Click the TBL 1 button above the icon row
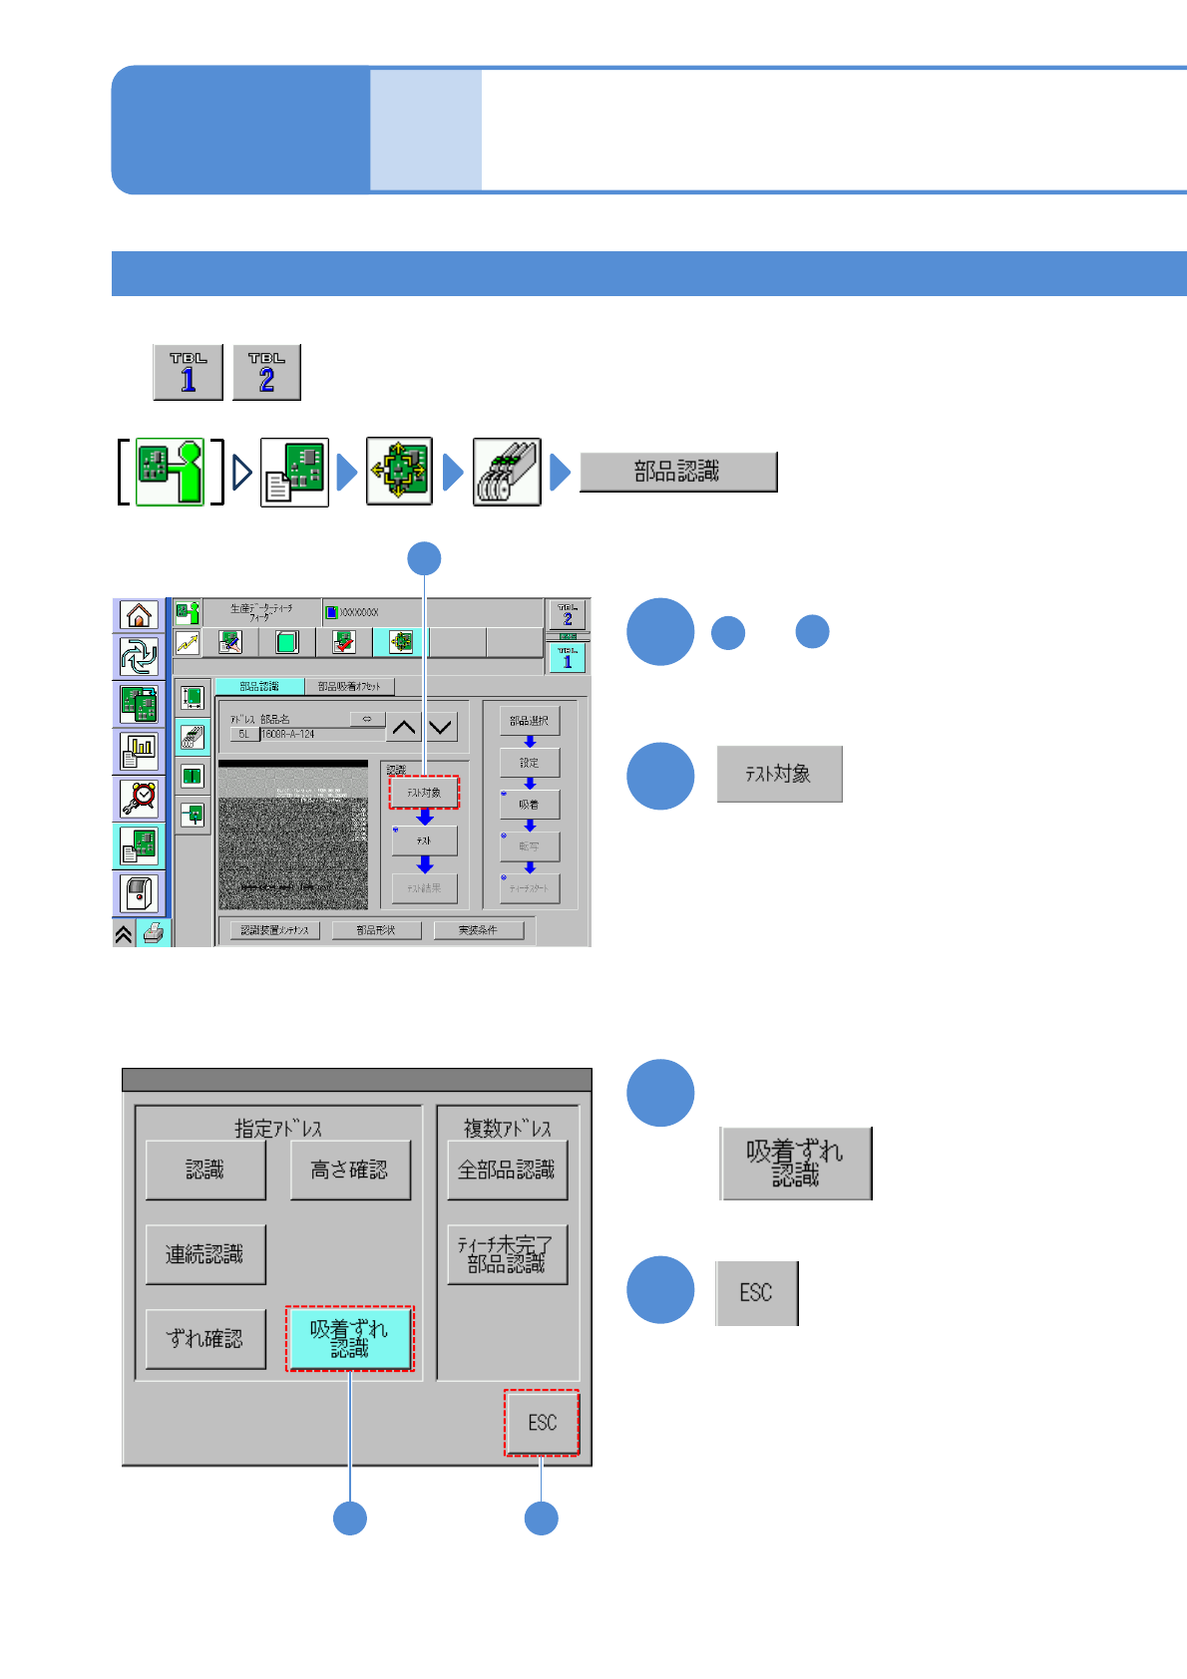point(188,372)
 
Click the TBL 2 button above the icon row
point(266,372)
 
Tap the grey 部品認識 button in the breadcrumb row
point(677,472)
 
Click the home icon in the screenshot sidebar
point(140,615)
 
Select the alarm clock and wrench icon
point(140,798)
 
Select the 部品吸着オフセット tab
point(349,686)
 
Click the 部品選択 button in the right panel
point(529,720)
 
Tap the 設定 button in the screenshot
point(529,763)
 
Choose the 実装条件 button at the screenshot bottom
point(478,930)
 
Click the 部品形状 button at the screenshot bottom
point(376,930)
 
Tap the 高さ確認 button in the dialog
point(349,1170)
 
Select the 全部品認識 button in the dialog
point(507,1170)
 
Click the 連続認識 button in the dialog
point(205,1254)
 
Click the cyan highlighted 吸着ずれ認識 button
point(349,1338)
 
